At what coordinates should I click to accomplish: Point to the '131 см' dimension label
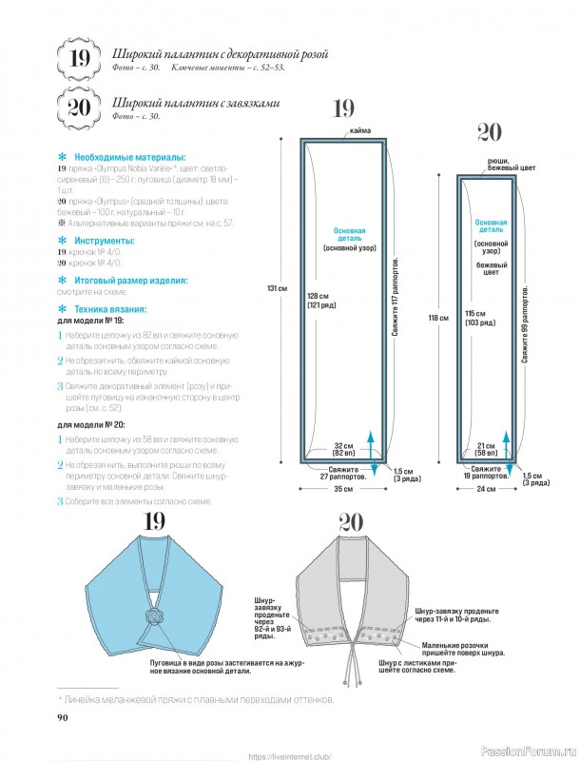(x=278, y=288)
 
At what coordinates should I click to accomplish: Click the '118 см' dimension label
(x=437, y=318)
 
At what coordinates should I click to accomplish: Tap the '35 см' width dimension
(x=343, y=489)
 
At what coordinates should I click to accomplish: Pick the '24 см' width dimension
(x=487, y=489)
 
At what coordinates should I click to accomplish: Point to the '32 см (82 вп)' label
(x=344, y=449)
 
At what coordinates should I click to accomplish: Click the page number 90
(x=63, y=716)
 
